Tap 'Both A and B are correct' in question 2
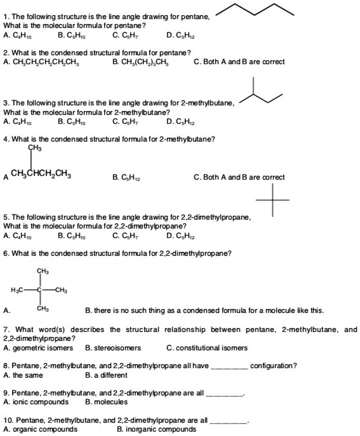239,61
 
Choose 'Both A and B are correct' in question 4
239,177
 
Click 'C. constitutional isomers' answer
206,347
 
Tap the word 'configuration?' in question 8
273,366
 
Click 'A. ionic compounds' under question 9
36,402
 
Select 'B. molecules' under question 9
106,402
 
